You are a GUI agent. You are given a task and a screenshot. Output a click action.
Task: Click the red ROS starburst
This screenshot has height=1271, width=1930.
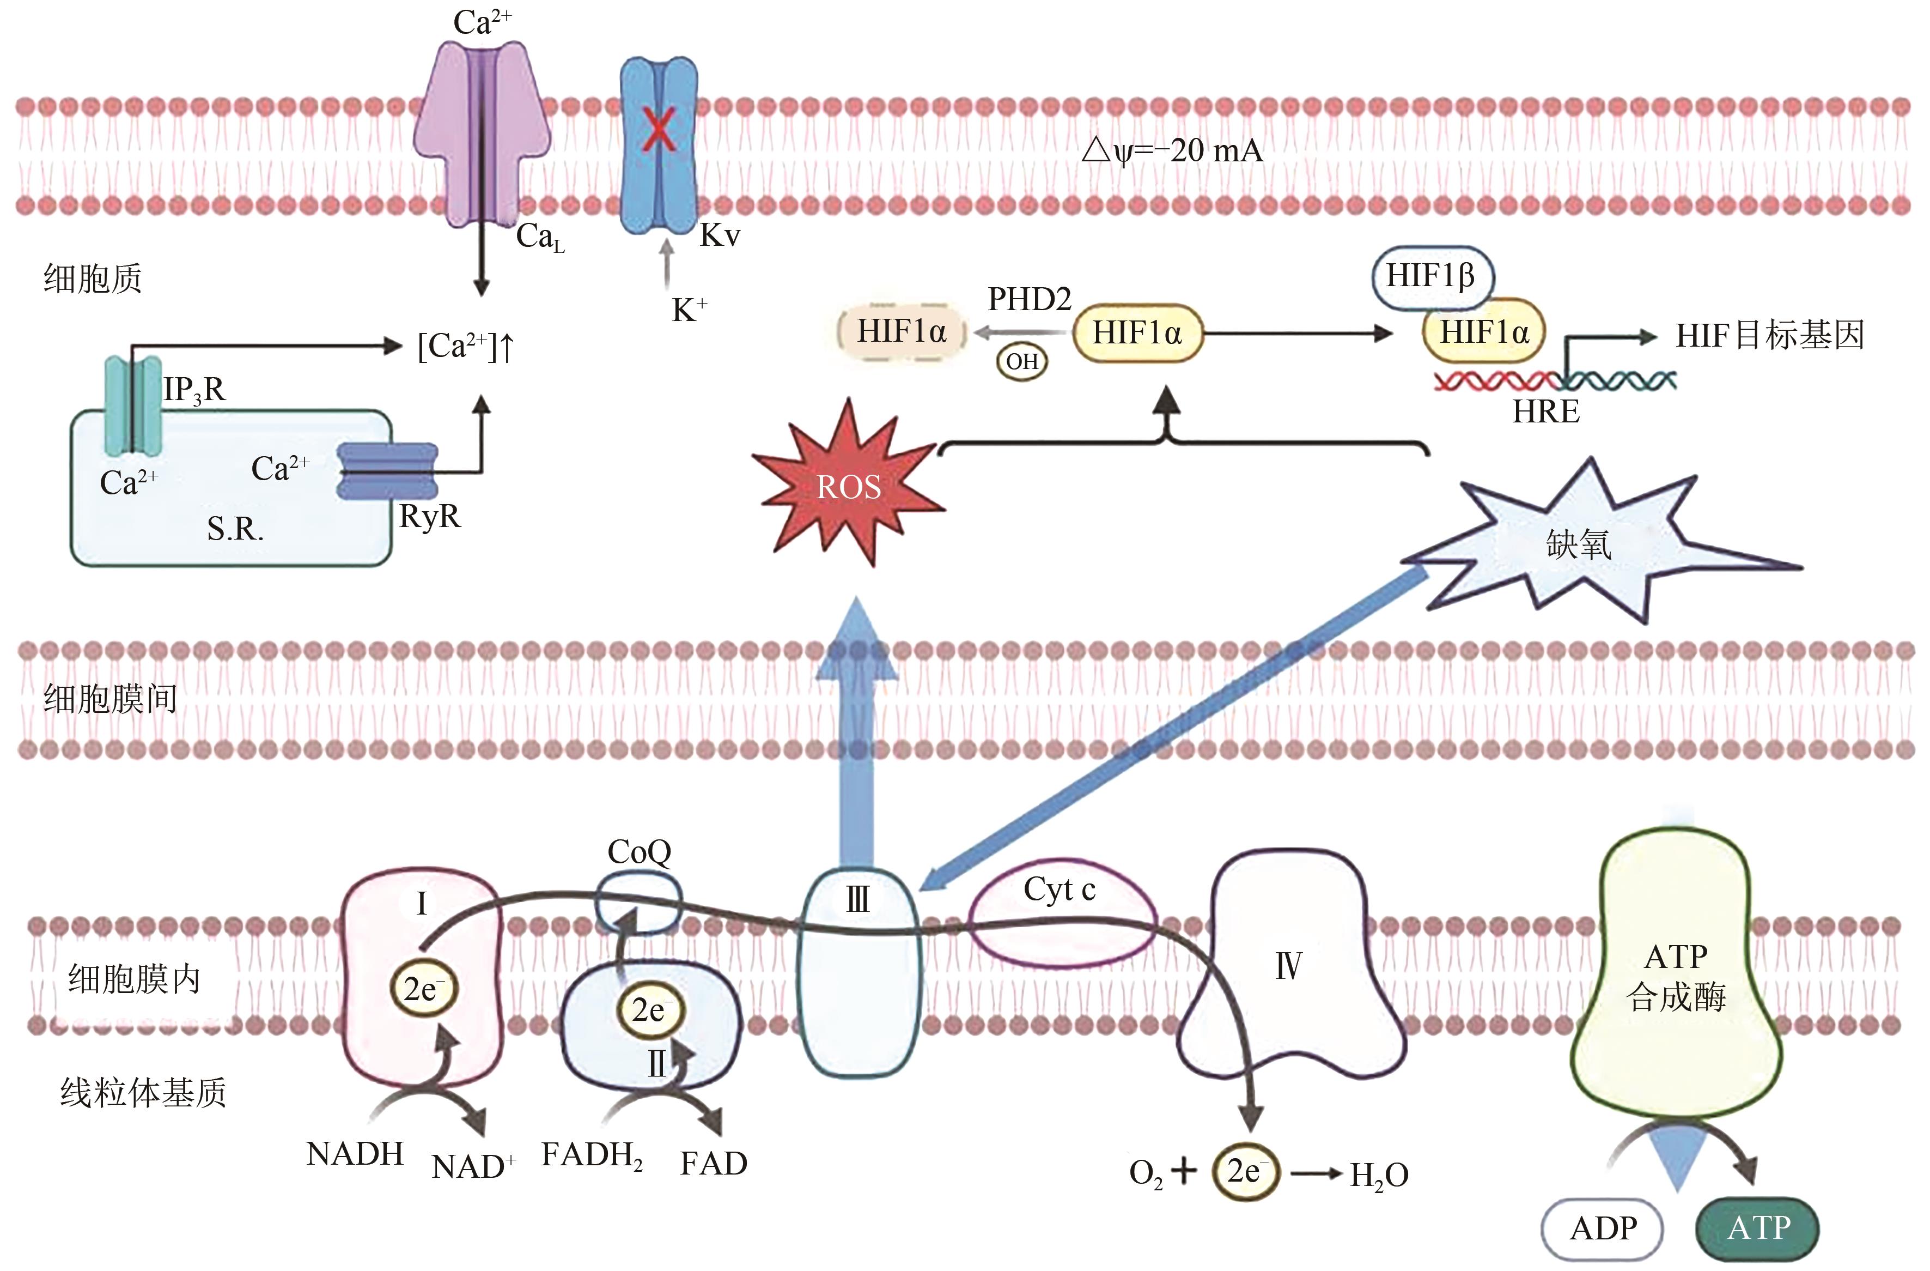tap(848, 486)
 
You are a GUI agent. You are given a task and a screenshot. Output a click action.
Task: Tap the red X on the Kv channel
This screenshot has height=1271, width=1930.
tap(657, 130)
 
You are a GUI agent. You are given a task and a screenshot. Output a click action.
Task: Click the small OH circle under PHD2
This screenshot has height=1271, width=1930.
tap(1022, 362)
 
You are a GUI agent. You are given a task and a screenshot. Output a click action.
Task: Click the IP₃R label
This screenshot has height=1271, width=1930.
tap(194, 391)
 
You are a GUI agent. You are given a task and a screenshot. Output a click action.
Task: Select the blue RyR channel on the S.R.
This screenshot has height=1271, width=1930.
tap(388, 470)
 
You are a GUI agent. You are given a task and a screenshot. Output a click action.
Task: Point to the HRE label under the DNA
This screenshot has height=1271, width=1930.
tap(1545, 413)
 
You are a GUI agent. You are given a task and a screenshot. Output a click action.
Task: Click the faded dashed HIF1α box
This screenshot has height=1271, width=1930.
tap(902, 332)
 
